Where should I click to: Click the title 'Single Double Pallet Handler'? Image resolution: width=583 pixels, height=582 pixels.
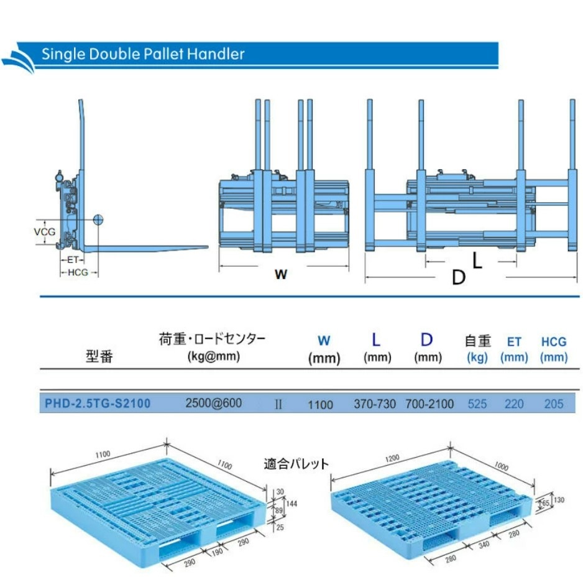pyautogui.click(x=143, y=54)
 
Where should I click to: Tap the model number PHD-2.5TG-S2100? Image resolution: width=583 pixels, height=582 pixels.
pyautogui.click(x=98, y=404)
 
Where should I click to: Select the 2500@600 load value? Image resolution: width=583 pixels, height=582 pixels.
pyautogui.click(x=213, y=403)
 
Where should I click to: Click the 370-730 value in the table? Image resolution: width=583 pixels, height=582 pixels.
pyautogui.click(x=375, y=404)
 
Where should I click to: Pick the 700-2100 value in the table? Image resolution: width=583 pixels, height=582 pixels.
pyautogui.click(x=429, y=404)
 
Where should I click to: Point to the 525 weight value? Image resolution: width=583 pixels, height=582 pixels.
pyautogui.click(x=477, y=404)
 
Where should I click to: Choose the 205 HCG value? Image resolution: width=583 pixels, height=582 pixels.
pyautogui.click(x=553, y=404)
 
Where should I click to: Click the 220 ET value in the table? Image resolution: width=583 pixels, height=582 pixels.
pyautogui.click(x=514, y=404)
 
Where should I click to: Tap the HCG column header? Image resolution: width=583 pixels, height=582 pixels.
pyautogui.click(x=553, y=341)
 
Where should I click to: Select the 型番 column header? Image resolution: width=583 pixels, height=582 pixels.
pyautogui.click(x=99, y=357)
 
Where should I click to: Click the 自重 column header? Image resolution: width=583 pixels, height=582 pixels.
pyautogui.click(x=478, y=341)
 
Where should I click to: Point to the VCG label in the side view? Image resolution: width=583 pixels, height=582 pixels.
pyautogui.click(x=44, y=232)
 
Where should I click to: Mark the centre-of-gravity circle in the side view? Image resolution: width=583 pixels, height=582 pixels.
pyautogui.click(x=98, y=219)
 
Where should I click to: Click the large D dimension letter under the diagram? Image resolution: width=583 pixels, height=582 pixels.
pyautogui.click(x=458, y=277)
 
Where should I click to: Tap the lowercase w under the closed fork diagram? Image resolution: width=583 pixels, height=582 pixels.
pyautogui.click(x=281, y=274)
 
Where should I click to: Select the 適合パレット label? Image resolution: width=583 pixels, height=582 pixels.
pyautogui.click(x=296, y=464)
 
